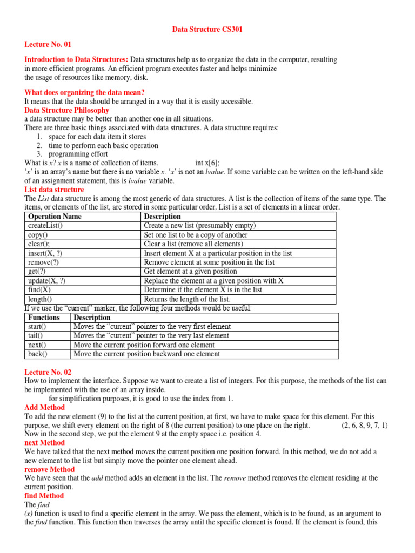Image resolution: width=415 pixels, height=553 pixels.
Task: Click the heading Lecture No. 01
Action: point(48,44)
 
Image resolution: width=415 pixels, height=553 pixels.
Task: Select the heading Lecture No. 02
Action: point(48,372)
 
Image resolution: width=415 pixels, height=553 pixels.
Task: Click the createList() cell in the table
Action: point(45,226)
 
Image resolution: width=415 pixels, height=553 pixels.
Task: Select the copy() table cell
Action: point(37,235)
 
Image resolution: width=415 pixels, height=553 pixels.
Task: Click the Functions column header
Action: point(44,318)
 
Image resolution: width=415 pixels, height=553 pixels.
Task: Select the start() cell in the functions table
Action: point(37,327)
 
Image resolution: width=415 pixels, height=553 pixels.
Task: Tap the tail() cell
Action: point(36,336)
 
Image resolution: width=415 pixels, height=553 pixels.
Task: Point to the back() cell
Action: point(37,354)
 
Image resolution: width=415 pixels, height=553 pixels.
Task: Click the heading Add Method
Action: point(45,407)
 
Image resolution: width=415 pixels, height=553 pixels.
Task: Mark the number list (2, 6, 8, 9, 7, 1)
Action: point(364,426)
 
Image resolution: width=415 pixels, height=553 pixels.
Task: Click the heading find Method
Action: point(44,495)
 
